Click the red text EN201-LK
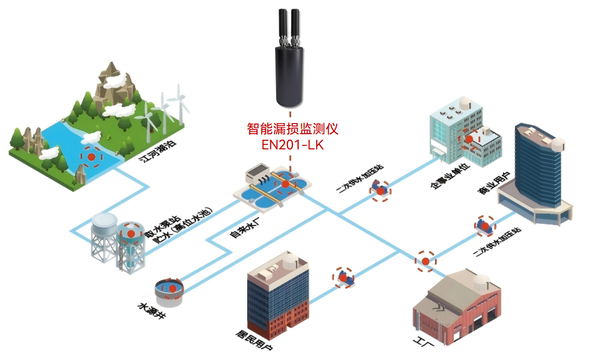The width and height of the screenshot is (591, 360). click(292, 145)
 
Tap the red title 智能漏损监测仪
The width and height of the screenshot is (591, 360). click(292, 129)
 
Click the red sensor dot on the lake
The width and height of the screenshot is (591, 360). click(92, 157)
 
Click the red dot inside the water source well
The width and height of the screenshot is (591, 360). click(172, 288)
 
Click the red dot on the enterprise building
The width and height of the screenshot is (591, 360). click(469, 138)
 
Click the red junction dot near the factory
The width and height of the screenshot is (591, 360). click(425, 261)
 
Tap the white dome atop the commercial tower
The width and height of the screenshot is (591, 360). click(557, 144)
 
